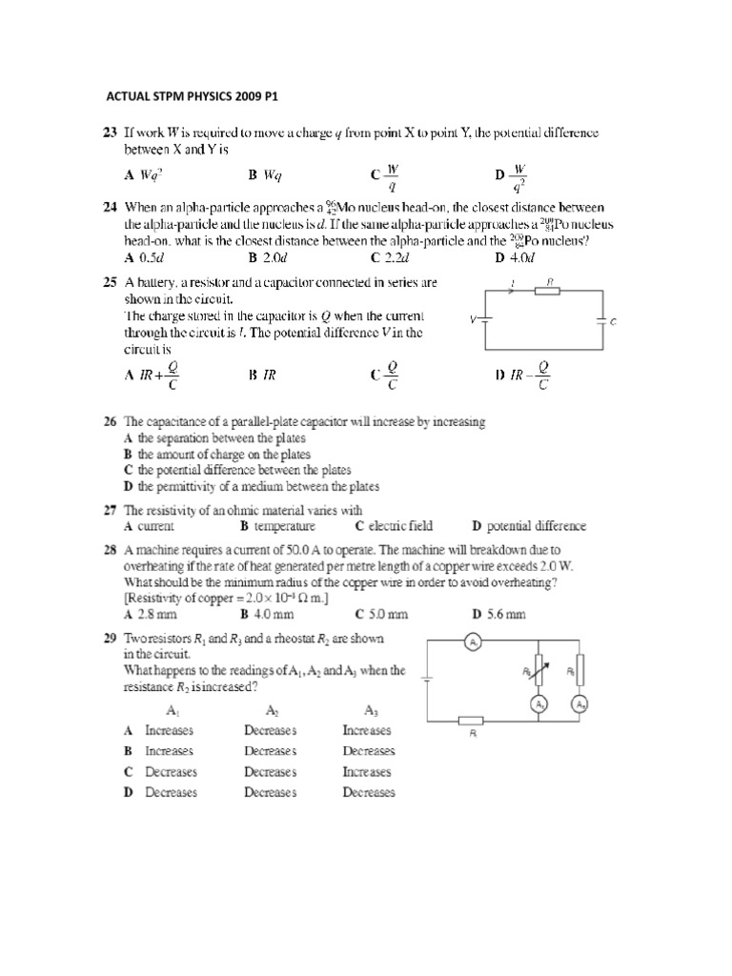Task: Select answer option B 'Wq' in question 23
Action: point(265,175)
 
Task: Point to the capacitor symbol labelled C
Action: point(602,321)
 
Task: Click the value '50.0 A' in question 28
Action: point(296,550)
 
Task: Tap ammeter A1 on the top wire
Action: point(474,642)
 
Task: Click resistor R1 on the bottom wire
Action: point(473,722)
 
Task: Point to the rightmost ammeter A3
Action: point(579,704)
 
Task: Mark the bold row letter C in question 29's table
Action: point(128,772)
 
